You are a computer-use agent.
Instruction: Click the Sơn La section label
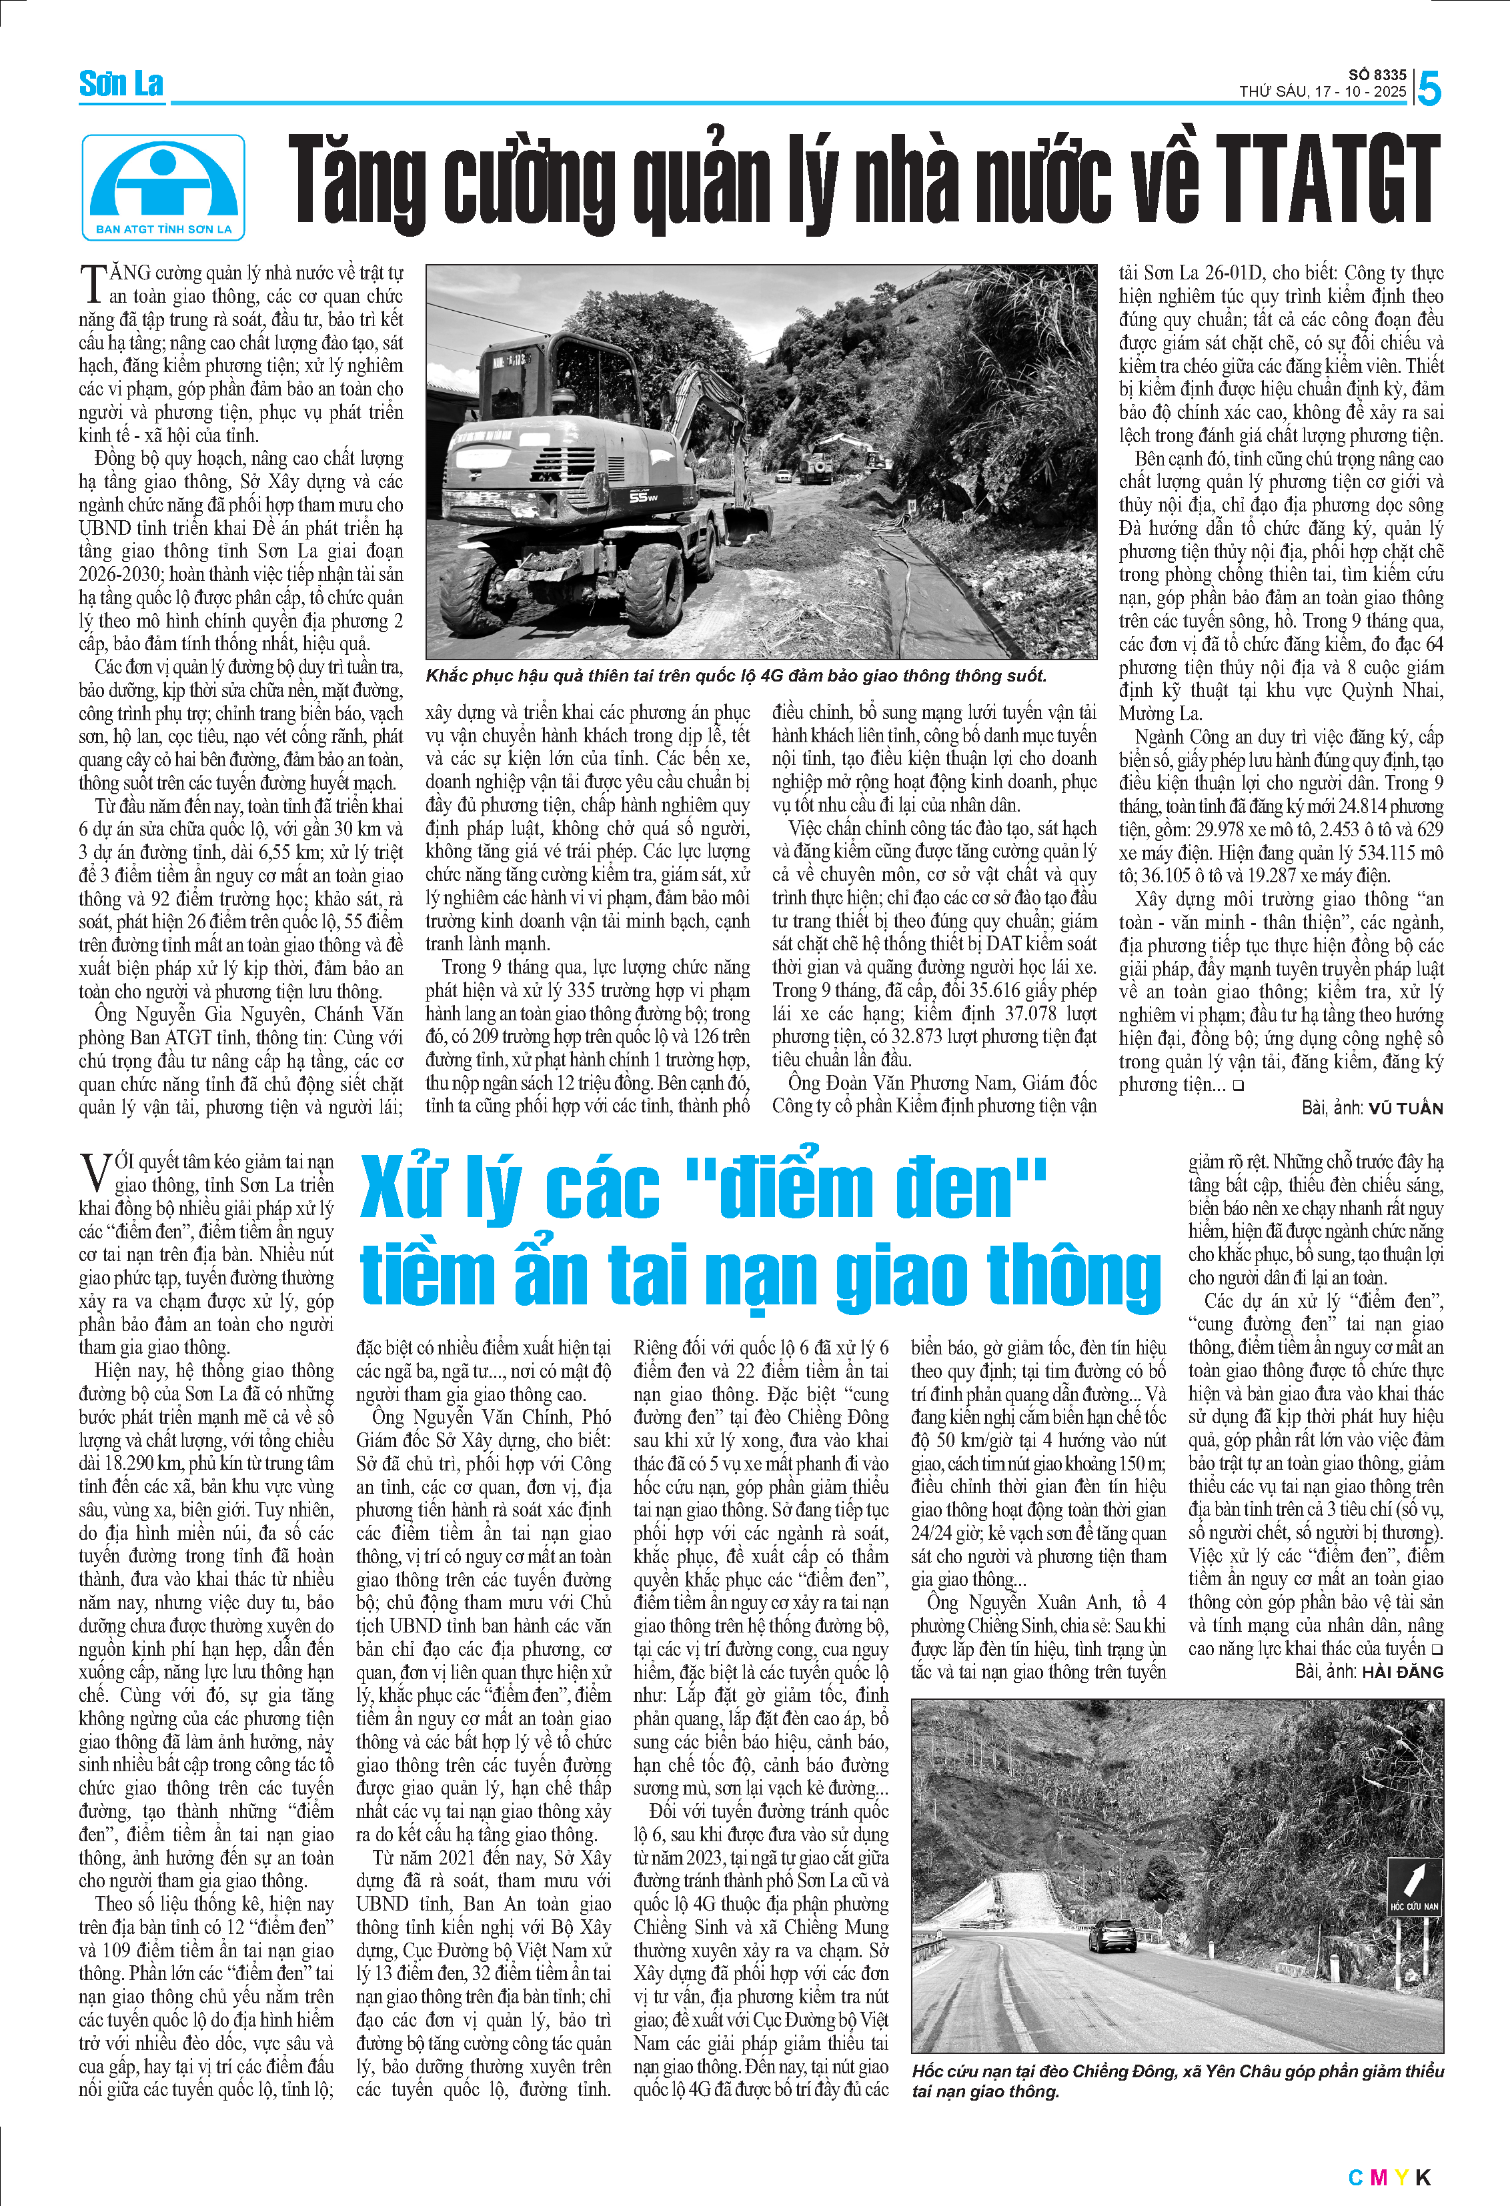click(121, 85)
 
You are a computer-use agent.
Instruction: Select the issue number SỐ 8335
click(1377, 74)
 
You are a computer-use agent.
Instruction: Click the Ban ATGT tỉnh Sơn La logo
click(163, 187)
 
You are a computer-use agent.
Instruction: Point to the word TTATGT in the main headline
click(1327, 180)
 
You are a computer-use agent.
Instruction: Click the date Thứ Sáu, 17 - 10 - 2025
click(1322, 92)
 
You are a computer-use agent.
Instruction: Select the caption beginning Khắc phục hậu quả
click(736, 676)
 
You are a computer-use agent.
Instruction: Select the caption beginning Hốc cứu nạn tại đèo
click(1177, 2081)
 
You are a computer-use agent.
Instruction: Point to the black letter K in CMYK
click(1423, 2177)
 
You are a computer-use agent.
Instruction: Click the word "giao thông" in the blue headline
click(998, 1276)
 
